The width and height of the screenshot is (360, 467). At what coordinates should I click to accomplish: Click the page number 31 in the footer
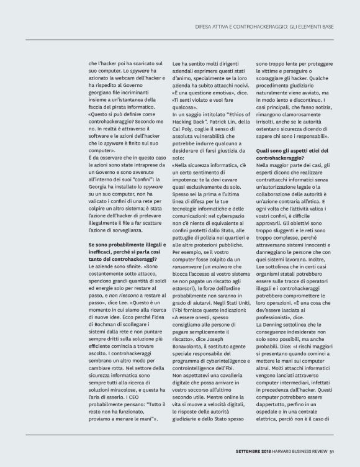332,451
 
